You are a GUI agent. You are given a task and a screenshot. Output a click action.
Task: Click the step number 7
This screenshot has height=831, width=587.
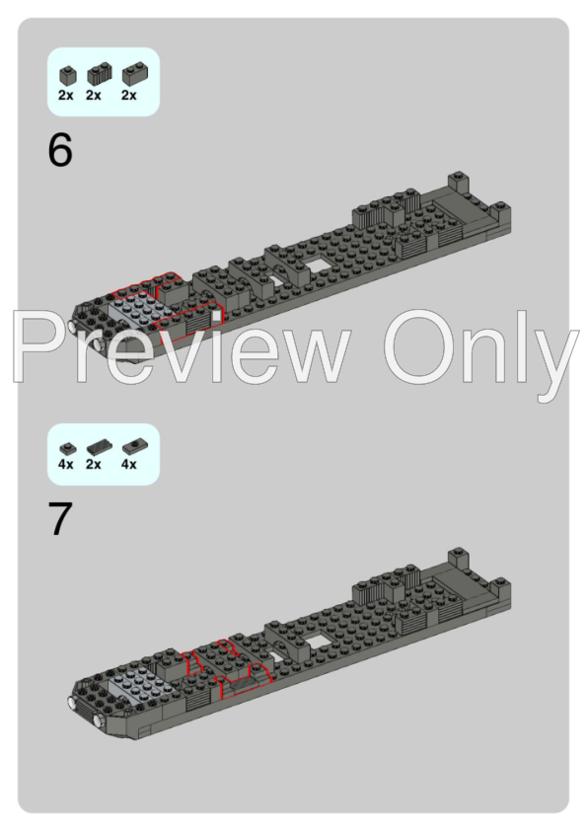tap(60, 521)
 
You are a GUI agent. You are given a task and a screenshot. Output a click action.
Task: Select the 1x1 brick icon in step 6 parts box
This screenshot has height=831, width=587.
tap(67, 74)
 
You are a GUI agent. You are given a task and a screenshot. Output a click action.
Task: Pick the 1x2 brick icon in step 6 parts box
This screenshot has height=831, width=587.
tap(129, 74)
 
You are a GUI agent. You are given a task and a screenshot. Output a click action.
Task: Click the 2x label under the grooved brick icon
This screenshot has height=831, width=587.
tap(95, 96)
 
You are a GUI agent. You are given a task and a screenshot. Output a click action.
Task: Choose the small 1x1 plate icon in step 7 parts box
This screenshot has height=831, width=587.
tap(66, 447)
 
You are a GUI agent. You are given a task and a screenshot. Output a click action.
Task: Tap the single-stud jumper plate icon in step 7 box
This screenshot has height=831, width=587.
tap(129, 447)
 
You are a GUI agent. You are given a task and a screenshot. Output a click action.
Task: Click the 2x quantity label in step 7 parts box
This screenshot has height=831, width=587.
tap(94, 464)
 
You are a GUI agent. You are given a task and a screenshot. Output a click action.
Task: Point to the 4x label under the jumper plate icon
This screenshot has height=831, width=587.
tap(129, 464)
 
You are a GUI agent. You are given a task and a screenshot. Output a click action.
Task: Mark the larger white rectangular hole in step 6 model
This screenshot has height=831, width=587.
tap(317, 266)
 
